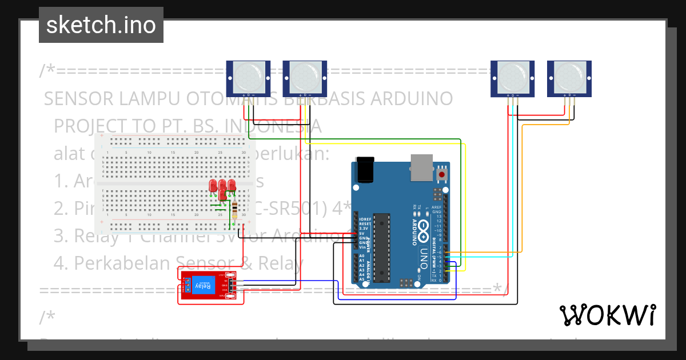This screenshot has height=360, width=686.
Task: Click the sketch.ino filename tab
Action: (x=101, y=25)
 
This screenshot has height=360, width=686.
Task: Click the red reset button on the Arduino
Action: (x=441, y=173)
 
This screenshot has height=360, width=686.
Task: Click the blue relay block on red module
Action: (x=203, y=285)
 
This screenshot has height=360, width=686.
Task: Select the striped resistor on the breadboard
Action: (x=236, y=209)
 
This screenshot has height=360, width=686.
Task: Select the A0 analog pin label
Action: (x=362, y=256)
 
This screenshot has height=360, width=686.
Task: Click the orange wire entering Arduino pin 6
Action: (x=486, y=252)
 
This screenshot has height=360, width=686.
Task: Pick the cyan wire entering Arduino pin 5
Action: (x=486, y=257)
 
